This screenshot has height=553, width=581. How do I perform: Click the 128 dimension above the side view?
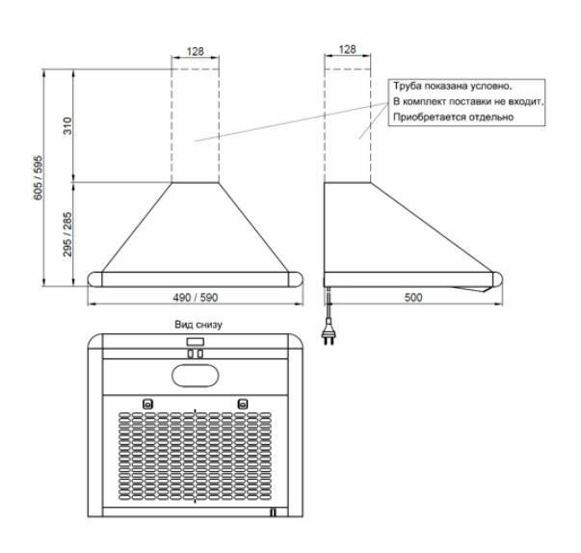tap(347, 50)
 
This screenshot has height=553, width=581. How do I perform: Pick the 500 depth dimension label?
tap(412, 297)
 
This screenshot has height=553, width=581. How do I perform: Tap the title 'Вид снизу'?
tap(198, 325)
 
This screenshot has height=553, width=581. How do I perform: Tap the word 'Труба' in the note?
tap(406, 86)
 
